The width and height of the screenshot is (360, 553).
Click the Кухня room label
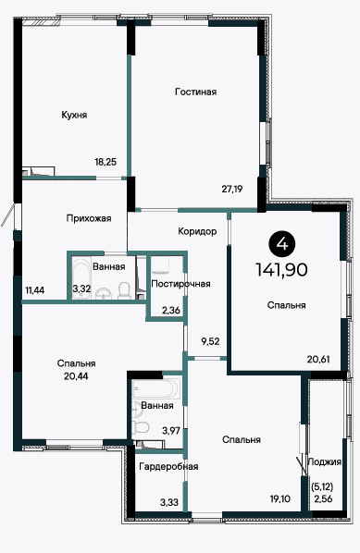pyautogui.click(x=74, y=116)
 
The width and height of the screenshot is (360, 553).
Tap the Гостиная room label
pyautogui.click(x=195, y=92)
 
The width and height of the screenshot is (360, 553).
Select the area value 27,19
pyautogui.click(x=232, y=189)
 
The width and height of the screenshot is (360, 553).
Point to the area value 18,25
pyautogui.click(x=106, y=162)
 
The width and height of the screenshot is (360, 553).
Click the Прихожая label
pyautogui.click(x=89, y=218)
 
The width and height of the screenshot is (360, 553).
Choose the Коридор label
pyautogui.click(x=197, y=232)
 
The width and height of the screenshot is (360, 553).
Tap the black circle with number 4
pyautogui.click(x=282, y=244)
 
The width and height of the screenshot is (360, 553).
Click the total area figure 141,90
pyautogui.click(x=281, y=270)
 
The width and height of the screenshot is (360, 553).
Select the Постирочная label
pyautogui.click(x=180, y=284)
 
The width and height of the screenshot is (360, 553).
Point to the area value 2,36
pyautogui.click(x=171, y=311)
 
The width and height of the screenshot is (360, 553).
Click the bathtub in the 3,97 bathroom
pyautogui.click(x=155, y=388)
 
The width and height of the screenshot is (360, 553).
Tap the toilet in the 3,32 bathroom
pyautogui.click(x=124, y=289)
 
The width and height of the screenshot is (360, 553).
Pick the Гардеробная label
pyautogui.click(x=168, y=467)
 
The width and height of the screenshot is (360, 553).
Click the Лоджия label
pyautogui.click(x=325, y=462)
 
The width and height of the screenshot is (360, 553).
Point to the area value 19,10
pyautogui.click(x=280, y=498)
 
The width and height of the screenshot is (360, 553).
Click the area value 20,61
pyautogui.click(x=318, y=360)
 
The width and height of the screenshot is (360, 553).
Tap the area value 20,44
pyautogui.click(x=76, y=376)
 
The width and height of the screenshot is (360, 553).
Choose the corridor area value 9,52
pyautogui.click(x=210, y=341)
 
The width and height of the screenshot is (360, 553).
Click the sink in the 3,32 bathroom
pyautogui.click(x=104, y=293)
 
